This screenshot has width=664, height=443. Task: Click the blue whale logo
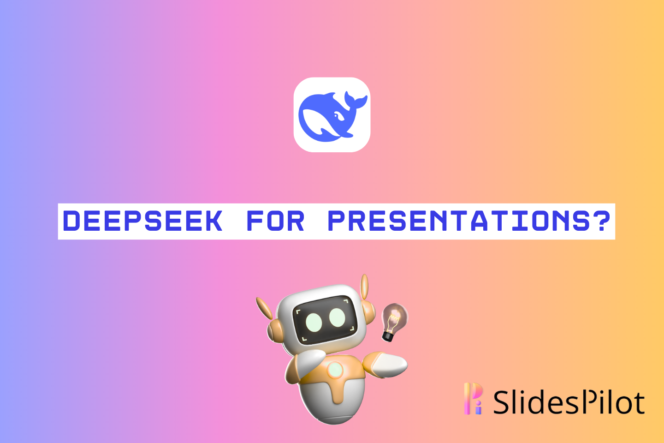(x=332, y=115)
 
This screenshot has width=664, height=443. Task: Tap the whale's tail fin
(x=355, y=100)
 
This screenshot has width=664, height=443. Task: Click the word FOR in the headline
(x=275, y=221)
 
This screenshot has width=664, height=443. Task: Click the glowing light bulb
(x=394, y=318)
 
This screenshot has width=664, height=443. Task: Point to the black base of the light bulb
(x=388, y=337)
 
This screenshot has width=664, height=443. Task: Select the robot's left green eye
(x=314, y=321)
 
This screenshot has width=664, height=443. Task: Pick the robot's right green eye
(x=337, y=317)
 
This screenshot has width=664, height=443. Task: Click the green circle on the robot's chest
(x=335, y=369)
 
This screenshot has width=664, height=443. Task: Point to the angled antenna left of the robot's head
(x=264, y=308)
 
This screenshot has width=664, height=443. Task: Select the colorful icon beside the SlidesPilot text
(x=473, y=398)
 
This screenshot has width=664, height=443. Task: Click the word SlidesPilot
(x=569, y=402)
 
